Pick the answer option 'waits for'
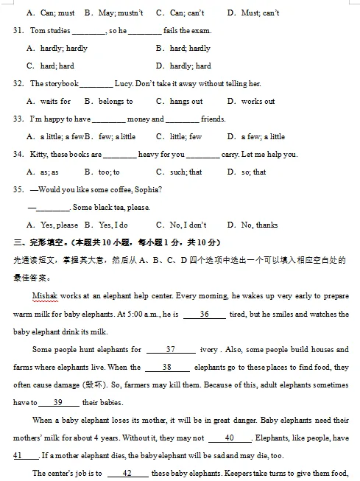(55, 102)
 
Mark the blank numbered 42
(127, 474)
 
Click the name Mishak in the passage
(46, 296)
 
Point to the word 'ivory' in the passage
(211, 350)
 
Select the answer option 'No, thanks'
(259, 225)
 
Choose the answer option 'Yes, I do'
(113, 225)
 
